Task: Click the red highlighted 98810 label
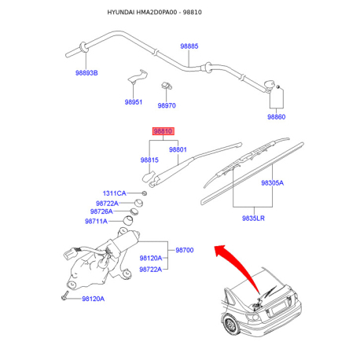point(163,131)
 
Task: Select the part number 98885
point(189,46)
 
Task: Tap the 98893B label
point(86,73)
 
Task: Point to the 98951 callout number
point(134,102)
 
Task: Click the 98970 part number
point(167,105)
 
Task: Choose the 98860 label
point(276,116)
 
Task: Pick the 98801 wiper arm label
point(178,149)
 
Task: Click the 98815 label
point(149,160)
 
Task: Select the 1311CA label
point(114,193)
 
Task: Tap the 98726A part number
point(101,211)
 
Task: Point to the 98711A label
point(96,222)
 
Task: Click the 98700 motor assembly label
point(185,250)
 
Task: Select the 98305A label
point(273,183)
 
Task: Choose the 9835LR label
point(253,219)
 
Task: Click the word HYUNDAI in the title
point(121,13)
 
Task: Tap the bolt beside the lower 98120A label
point(64,296)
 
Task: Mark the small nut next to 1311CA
point(144,193)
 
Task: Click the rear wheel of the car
point(230,325)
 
